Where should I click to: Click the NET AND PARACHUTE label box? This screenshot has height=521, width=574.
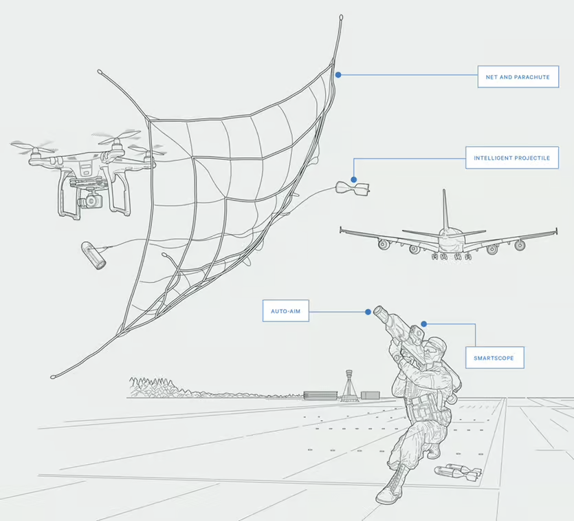click(518, 77)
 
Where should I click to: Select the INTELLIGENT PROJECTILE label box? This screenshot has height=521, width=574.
click(511, 158)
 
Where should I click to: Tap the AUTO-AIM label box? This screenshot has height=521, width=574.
click(285, 311)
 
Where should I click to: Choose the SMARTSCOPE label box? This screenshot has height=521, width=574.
click(494, 358)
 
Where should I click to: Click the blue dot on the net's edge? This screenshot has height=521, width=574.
click(338, 75)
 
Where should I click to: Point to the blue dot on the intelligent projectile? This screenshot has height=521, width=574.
click(353, 180)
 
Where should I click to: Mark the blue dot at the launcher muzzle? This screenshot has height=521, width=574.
click(368, 312)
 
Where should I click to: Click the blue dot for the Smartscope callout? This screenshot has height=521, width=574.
click(424, 324)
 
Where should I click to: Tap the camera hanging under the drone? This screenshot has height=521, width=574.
click(90, 200)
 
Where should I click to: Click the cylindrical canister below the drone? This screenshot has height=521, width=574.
click(93, 256)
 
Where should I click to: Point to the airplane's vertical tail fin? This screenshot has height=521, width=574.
click(445, 209)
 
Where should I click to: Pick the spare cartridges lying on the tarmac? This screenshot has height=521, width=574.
click(458, 472)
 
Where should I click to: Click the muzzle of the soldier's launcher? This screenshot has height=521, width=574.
click(380, 313)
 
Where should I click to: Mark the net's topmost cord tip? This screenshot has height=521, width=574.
click(341, 17)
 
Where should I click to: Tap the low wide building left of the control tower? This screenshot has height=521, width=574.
click(320, 395)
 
